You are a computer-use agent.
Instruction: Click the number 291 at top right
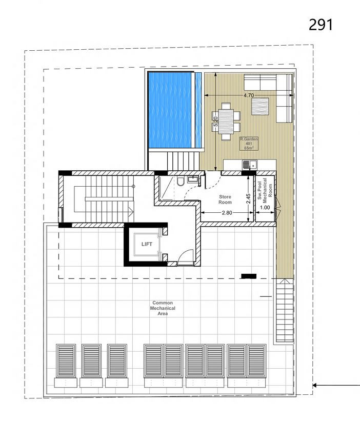(x=321, y=25)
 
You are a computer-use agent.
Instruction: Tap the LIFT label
(x=147, y=244)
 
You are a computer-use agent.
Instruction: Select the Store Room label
(x=225, y=199)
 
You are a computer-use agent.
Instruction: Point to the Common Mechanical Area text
(x=163, y=308)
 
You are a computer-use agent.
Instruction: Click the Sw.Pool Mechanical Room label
(x=265, y=191)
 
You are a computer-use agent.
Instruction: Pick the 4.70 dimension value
(x=249, y=95)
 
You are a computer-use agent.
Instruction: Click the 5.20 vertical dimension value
(x=215, y=122)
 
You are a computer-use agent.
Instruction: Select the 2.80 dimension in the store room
(x=227, y=213)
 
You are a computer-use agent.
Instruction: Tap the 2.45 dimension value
(x=248, y=198)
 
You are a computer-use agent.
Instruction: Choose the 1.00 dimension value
(x=265, y=208)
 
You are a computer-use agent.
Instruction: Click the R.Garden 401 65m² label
(x=249, y=144)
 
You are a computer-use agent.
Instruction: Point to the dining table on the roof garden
(x=226, y=122)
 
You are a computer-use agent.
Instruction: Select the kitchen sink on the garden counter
(x=250, y=165)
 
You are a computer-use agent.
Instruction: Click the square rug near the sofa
(x=260, y=107)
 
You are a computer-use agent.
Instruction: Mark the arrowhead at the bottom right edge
(x=314, y=386)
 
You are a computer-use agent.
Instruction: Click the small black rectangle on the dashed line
(x=249, y=276)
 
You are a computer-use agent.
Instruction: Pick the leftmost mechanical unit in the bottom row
(x=66, y=360)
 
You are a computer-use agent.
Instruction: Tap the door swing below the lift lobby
(x=186, y=256)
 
